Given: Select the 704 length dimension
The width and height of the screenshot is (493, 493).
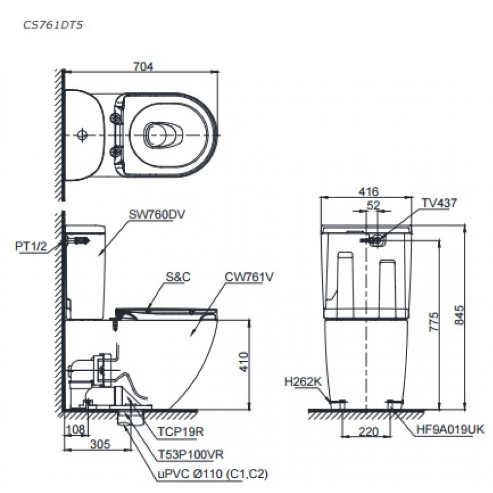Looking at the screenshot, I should click(141, 66).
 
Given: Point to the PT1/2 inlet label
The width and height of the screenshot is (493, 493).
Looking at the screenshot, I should click(31, 246).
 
